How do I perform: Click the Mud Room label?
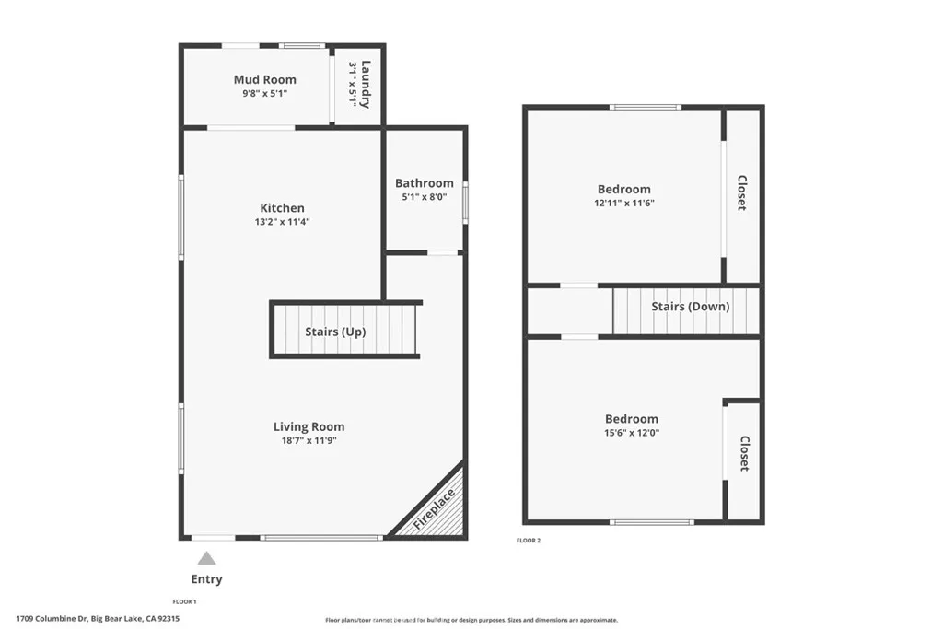(264, 80)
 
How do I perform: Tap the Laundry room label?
(366, 84)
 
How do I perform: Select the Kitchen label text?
(282, 208)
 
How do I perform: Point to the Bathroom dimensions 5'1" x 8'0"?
(424, 196)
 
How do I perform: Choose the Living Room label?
(309, 426)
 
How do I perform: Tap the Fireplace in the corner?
(434, 508)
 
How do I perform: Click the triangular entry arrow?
(207, 558)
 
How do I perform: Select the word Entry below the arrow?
(206, 579)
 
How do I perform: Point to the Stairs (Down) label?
(690, 307)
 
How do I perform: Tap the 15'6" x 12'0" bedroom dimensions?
(631, 433)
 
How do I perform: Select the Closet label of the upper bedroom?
(741, 193)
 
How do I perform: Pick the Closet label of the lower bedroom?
(744, 454)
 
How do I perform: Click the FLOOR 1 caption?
(185, 601)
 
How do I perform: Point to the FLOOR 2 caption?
(528, 541)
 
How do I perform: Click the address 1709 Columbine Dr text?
(52, 619)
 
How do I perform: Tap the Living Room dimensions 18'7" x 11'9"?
(309, 440)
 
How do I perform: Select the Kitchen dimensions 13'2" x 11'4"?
(282, 221)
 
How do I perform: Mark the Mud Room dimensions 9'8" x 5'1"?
(264, 93)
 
